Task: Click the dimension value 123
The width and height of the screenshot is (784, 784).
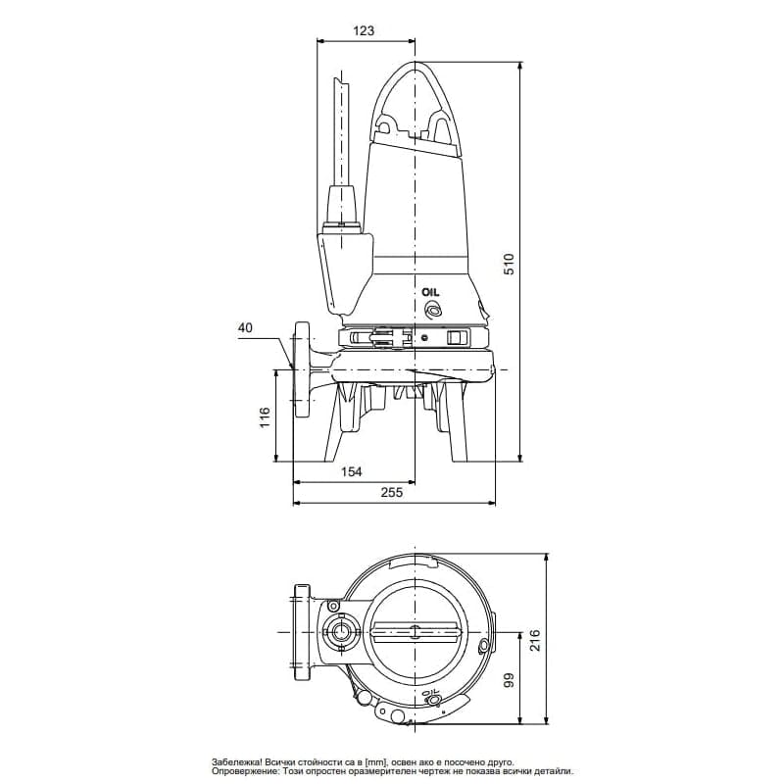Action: (363, 31)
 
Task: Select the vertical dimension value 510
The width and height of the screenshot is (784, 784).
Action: (509, 264)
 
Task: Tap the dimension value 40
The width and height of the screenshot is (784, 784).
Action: (244, 329)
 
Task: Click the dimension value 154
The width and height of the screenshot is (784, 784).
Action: (351, 471)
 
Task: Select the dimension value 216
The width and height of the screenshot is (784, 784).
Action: (534, 641)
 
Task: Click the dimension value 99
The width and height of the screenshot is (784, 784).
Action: (509, 682)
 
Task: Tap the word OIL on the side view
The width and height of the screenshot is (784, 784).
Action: (431, 292)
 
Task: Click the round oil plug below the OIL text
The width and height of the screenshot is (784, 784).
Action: (431, 311)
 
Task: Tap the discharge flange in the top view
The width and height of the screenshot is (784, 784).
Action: (300, 632)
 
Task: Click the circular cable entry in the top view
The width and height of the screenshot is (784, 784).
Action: (340, 632)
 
